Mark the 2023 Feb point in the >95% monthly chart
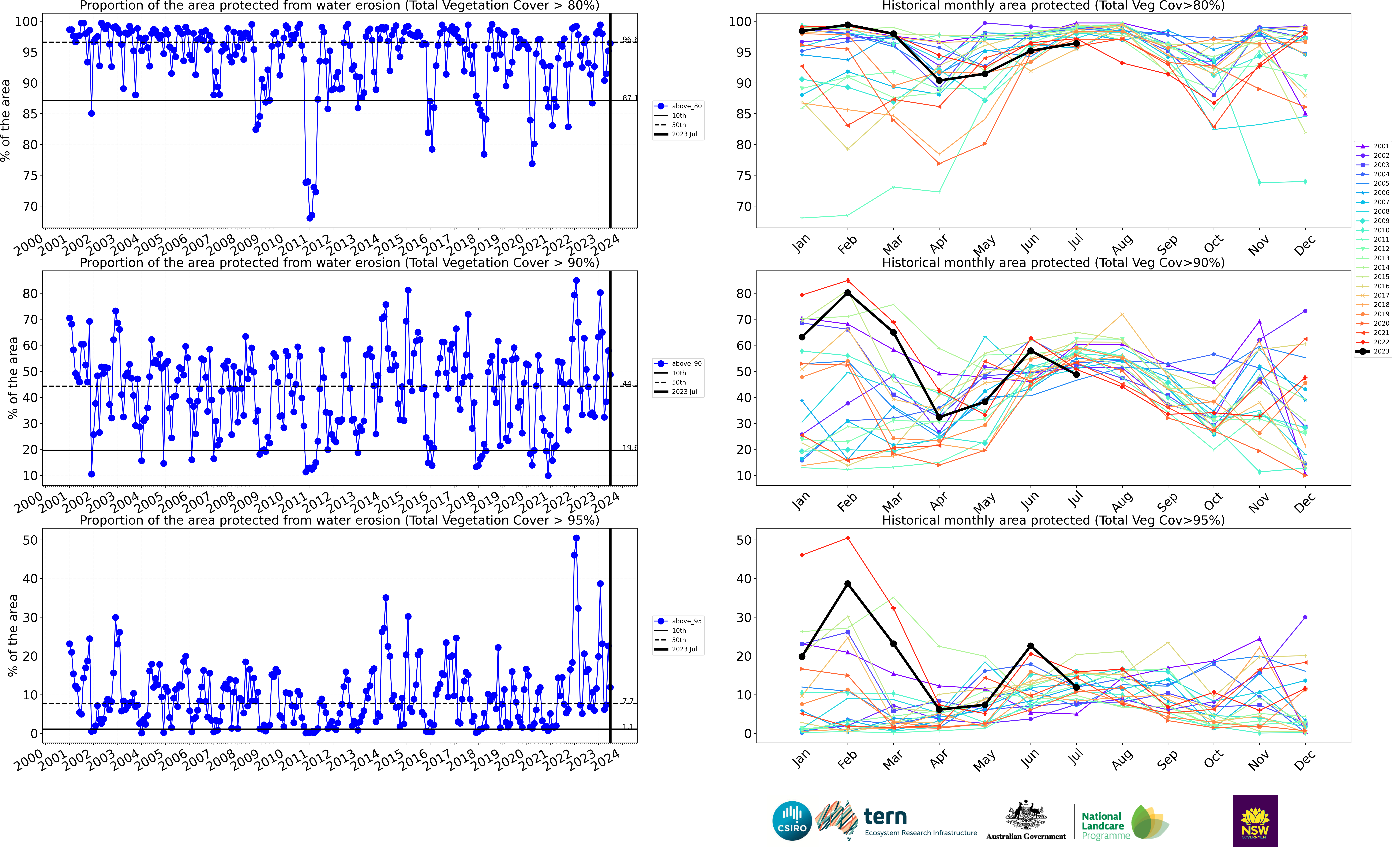(x=847, y=584)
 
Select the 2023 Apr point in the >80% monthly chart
(x=939, y=81)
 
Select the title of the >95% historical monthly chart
(x=1053, y=520)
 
